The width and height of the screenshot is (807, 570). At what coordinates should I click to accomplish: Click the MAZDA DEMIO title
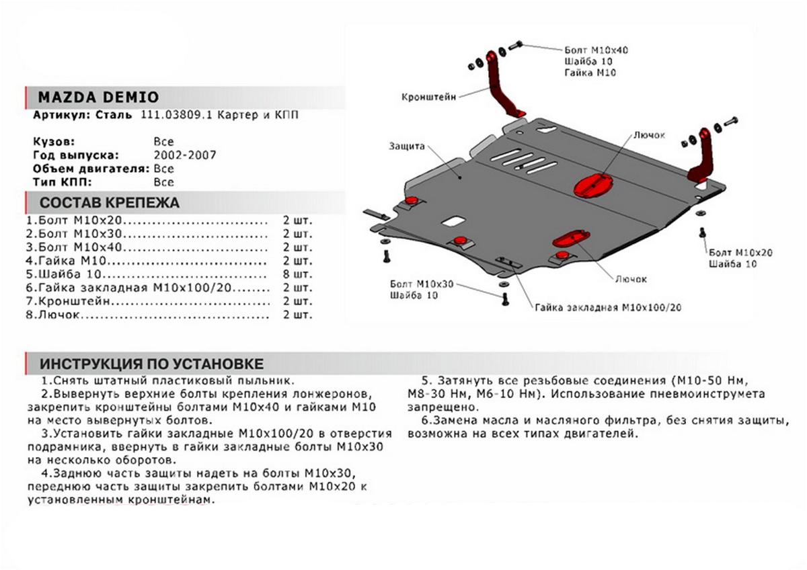click(x=98, y=96)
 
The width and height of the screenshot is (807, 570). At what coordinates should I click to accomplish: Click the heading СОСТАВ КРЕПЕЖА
click(x=110, y=202)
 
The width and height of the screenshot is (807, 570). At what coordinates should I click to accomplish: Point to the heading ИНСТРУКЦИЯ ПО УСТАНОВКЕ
click(x=151, y=364)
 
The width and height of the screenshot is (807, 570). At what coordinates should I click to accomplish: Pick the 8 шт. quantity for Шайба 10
click(x=298, y=274)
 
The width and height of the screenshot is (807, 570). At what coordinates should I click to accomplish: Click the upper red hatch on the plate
click(x=592, y=184)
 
